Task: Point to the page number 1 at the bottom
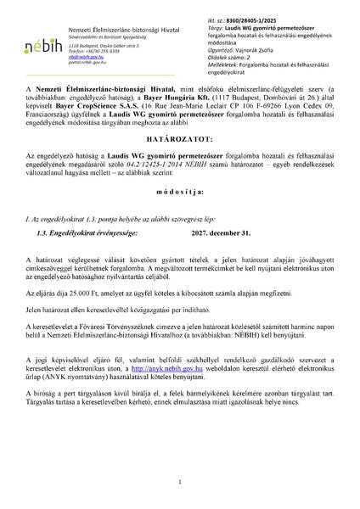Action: point(180,481)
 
